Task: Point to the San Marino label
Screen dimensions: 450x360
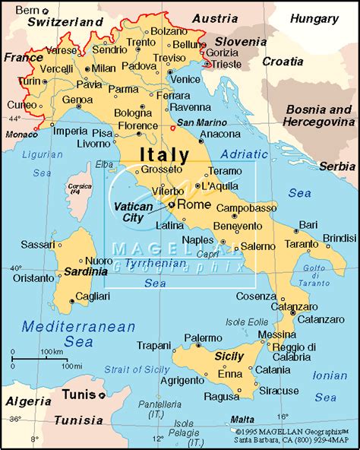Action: (x=197, y=122)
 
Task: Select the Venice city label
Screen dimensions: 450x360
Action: (x=186, y=79)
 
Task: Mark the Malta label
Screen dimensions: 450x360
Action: (x=243, y=420)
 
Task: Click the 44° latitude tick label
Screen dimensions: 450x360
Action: (x=14, y=119)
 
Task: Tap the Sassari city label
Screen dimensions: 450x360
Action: (x=38, y=245)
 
